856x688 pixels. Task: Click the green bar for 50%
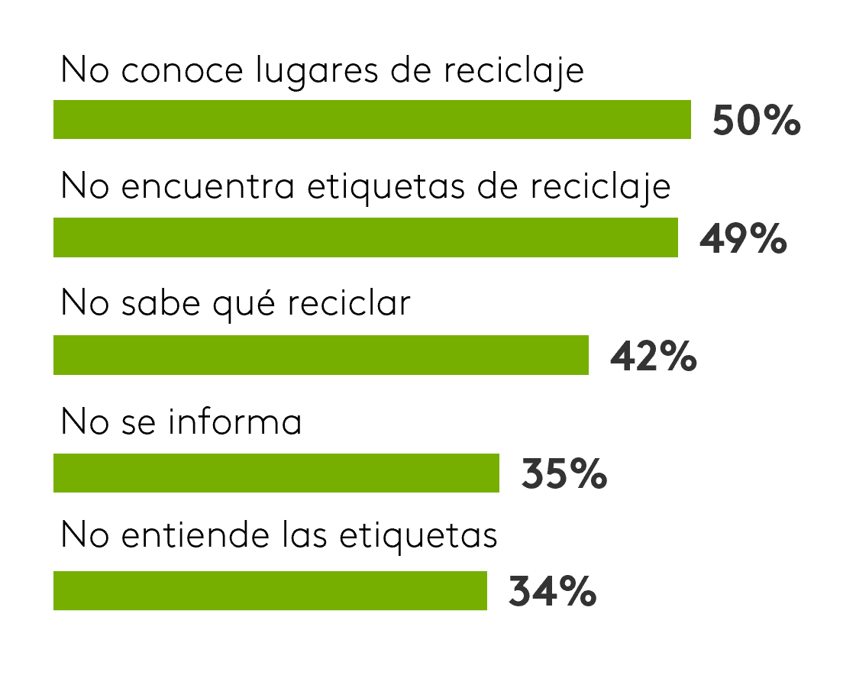tap(372, 120)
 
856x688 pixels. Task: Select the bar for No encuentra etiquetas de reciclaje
tap(365, 237)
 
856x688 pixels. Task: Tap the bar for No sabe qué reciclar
tap(321, 355)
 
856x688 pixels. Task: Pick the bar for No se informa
tap(276, 473)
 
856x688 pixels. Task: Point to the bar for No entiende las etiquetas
tap(270, 590)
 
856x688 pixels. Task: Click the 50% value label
tap(756, 121)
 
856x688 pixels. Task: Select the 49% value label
tap(743, 239)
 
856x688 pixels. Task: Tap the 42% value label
tap(653, 357)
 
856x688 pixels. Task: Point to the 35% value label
tap(564, 474)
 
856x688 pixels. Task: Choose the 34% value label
tap(552, 592)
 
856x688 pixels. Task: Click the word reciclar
tap(349, 305)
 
